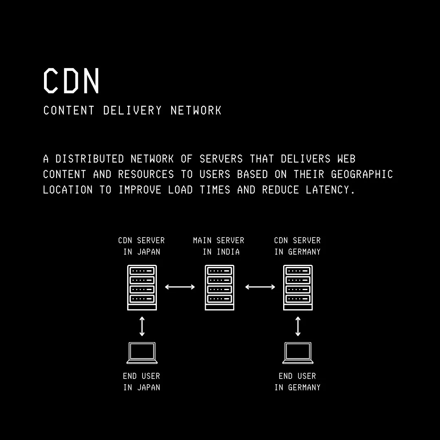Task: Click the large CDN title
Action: (x=72, y=81)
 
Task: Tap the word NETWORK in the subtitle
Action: (x=196, y=110)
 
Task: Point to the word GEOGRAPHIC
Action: (x=362, y=174)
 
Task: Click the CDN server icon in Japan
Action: (x=142, y=287)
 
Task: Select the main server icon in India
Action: (x=220, y=287)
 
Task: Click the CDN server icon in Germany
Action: (x=298, y=287)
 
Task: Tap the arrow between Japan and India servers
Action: (x=180, y=287)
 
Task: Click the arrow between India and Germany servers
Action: (x=260, y=287)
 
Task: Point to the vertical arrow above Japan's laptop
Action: (x=142, y=326)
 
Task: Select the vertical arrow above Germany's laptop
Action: (x=298, y=326)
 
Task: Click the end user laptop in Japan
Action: (x=142, y=352)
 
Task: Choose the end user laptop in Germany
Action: (x=298, y=352)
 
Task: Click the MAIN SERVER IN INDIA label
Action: (x=219, y=246)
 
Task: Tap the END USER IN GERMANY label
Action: (x=297, y=382)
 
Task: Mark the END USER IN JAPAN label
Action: (x=141, y=382)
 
